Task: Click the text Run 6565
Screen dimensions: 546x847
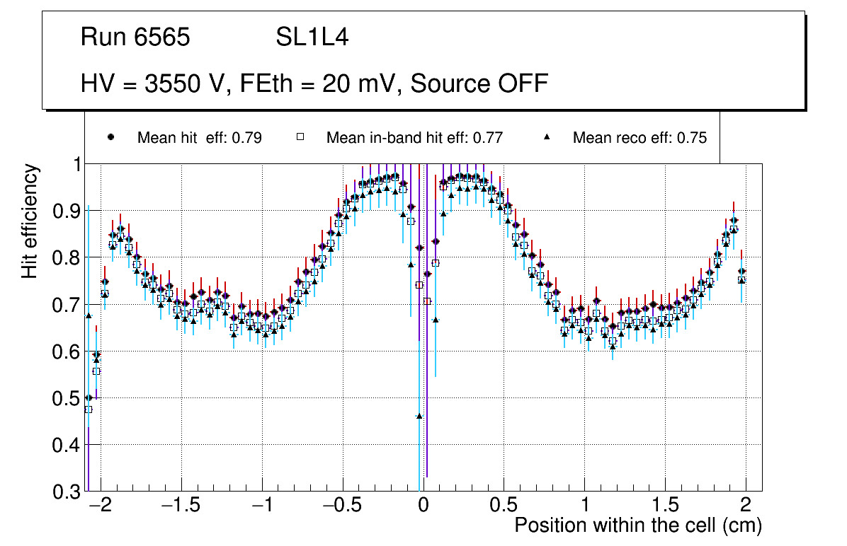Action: point(135,37)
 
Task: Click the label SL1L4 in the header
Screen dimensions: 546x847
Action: point(312,37)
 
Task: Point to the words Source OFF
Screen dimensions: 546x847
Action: point(479,84)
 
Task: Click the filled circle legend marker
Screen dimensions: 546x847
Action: point(110,138)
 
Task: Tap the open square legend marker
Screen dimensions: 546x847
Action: point(300,138)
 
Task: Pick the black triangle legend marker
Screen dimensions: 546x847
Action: point(546,138)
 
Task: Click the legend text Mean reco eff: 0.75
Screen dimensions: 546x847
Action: point(639,138)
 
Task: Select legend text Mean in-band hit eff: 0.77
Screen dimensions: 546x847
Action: point(414,138)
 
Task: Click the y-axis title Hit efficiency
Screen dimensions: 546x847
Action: point(30,221)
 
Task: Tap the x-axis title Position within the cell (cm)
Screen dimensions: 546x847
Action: point(637,525)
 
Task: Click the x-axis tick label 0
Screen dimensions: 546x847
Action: point(423,506)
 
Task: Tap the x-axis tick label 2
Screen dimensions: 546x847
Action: point(745,506)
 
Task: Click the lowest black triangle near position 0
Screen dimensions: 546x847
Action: point(419,417)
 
